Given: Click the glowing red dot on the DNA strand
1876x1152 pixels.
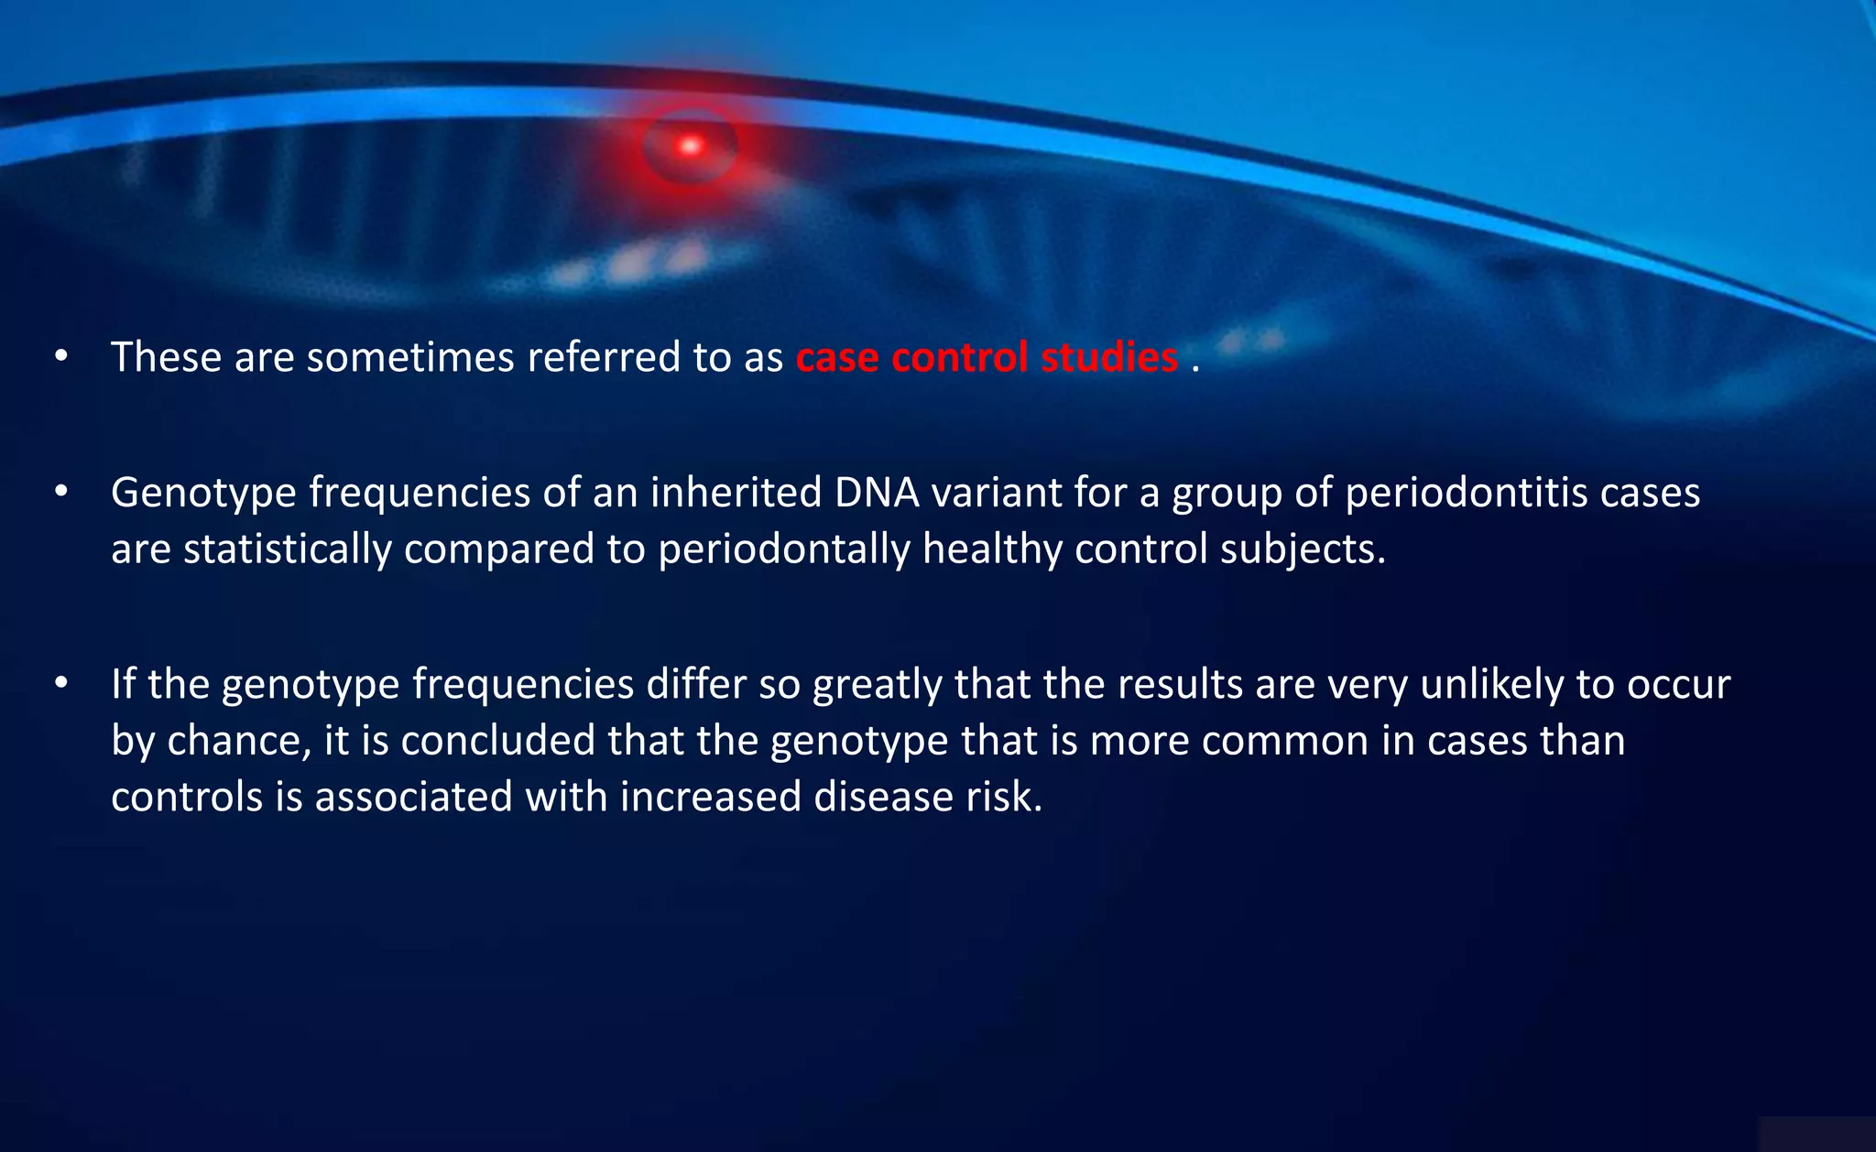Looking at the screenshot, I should [x=691, y=146].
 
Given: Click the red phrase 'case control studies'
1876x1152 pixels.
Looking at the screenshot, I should [x=987, y=357].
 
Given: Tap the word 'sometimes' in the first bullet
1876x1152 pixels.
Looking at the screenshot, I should [x=409, y=357].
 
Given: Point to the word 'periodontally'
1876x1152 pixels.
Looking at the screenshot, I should [x=783, y=549].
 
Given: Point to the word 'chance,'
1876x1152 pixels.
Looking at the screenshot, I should [x=239, y=741].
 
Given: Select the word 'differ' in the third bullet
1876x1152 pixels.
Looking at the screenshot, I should [x=695, y=685].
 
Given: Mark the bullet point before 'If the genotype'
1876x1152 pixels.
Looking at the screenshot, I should [x=61, y=683].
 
